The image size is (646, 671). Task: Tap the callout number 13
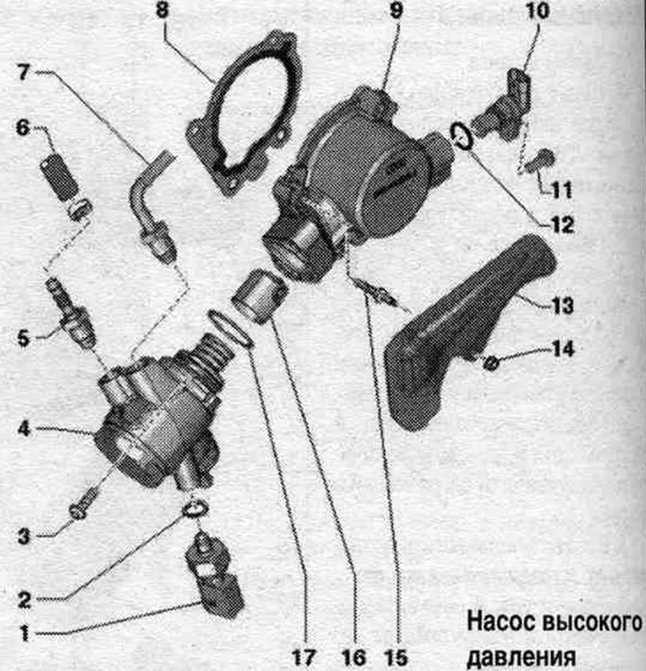(562, 305)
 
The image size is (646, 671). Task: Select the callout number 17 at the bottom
(303, 658)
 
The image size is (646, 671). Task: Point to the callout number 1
(24, 633)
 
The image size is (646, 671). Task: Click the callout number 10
(537, 11)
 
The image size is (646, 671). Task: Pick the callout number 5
(23, 339)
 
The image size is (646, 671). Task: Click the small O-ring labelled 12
(462, 136)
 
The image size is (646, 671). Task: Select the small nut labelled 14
(492, 364)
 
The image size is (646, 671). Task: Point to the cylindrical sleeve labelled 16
(259, 296)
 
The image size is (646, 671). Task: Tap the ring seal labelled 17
(231, 330)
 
